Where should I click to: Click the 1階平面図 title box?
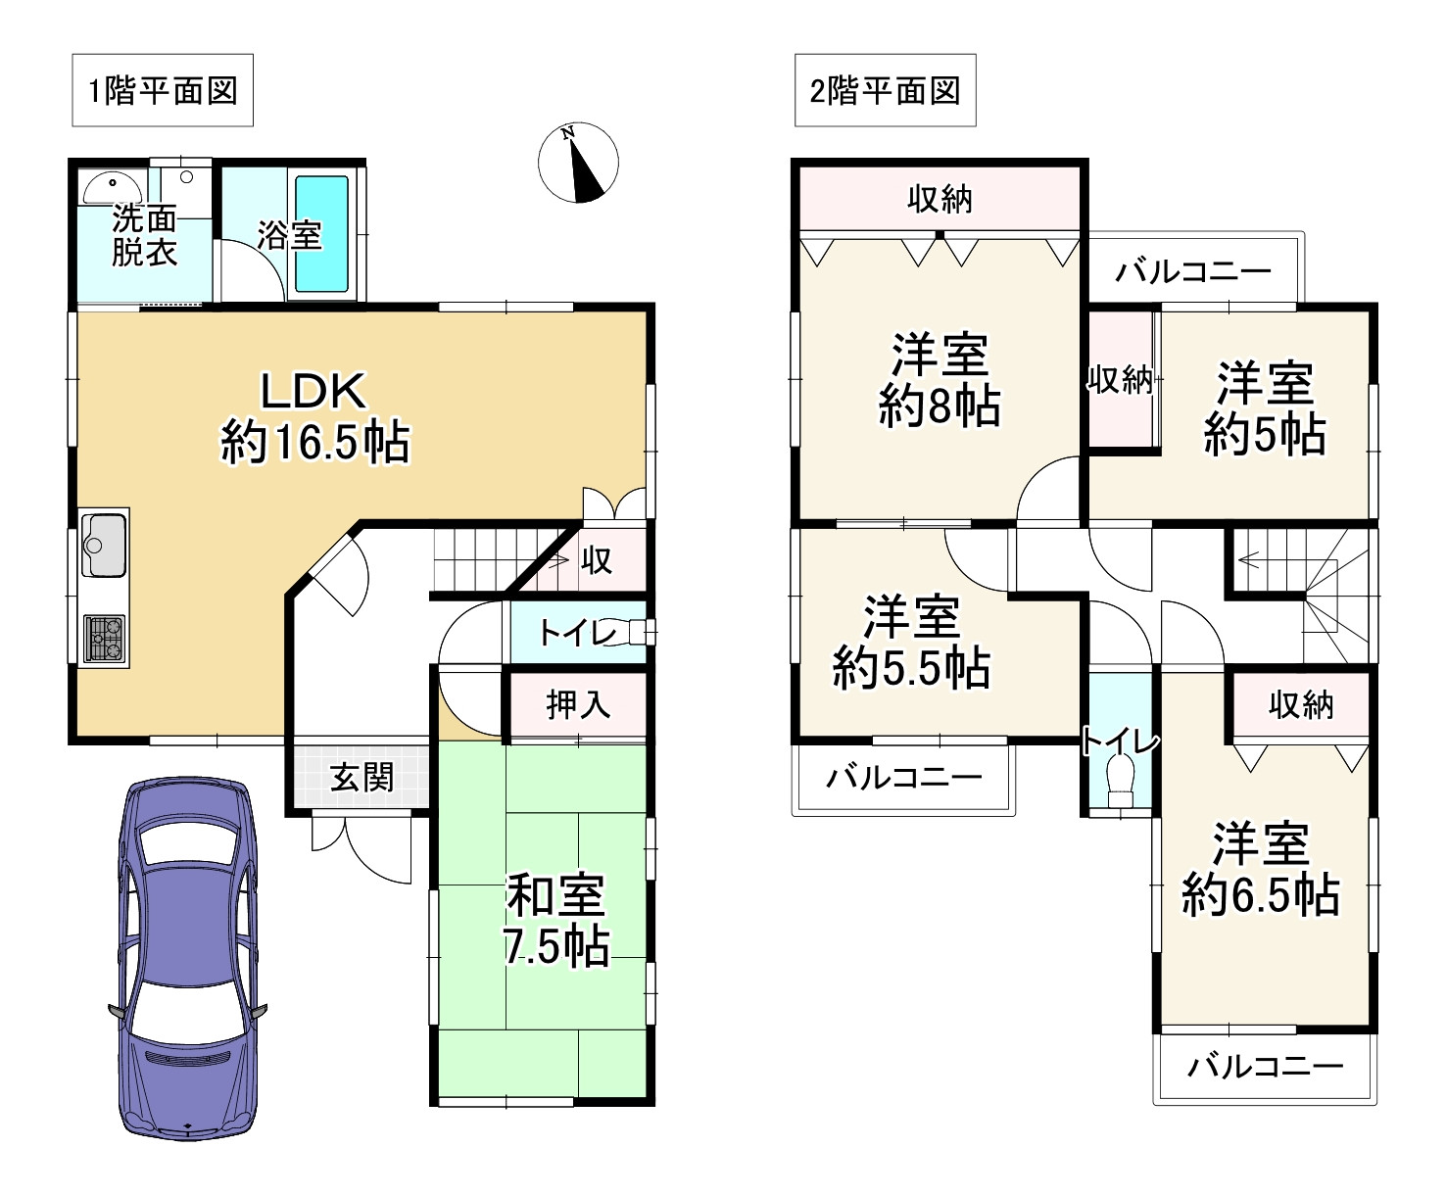(x=163, y=90)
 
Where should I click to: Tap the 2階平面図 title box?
(x=885, y=90)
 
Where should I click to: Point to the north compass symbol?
(x=578, y=163)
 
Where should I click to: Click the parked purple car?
(x=188, y=958)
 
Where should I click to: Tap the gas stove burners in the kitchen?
(x=105, y=639)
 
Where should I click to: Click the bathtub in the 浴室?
(x=322, y=233)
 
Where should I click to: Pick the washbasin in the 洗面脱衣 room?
(x=113, y=187)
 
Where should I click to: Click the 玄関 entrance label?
(x=361, y=777)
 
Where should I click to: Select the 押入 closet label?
(x=578, y=705)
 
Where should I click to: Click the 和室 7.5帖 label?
(x=556, y=921)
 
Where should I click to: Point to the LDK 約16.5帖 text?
(x=315, y=417)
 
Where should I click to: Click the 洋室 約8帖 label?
(x=940, y=380)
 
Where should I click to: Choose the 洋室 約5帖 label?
(x=1265, y=408)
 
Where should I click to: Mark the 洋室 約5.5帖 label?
(x=911, y=642)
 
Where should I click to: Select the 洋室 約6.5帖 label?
(x=1261, y=869)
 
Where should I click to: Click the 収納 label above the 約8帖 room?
(x=940, y=200)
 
